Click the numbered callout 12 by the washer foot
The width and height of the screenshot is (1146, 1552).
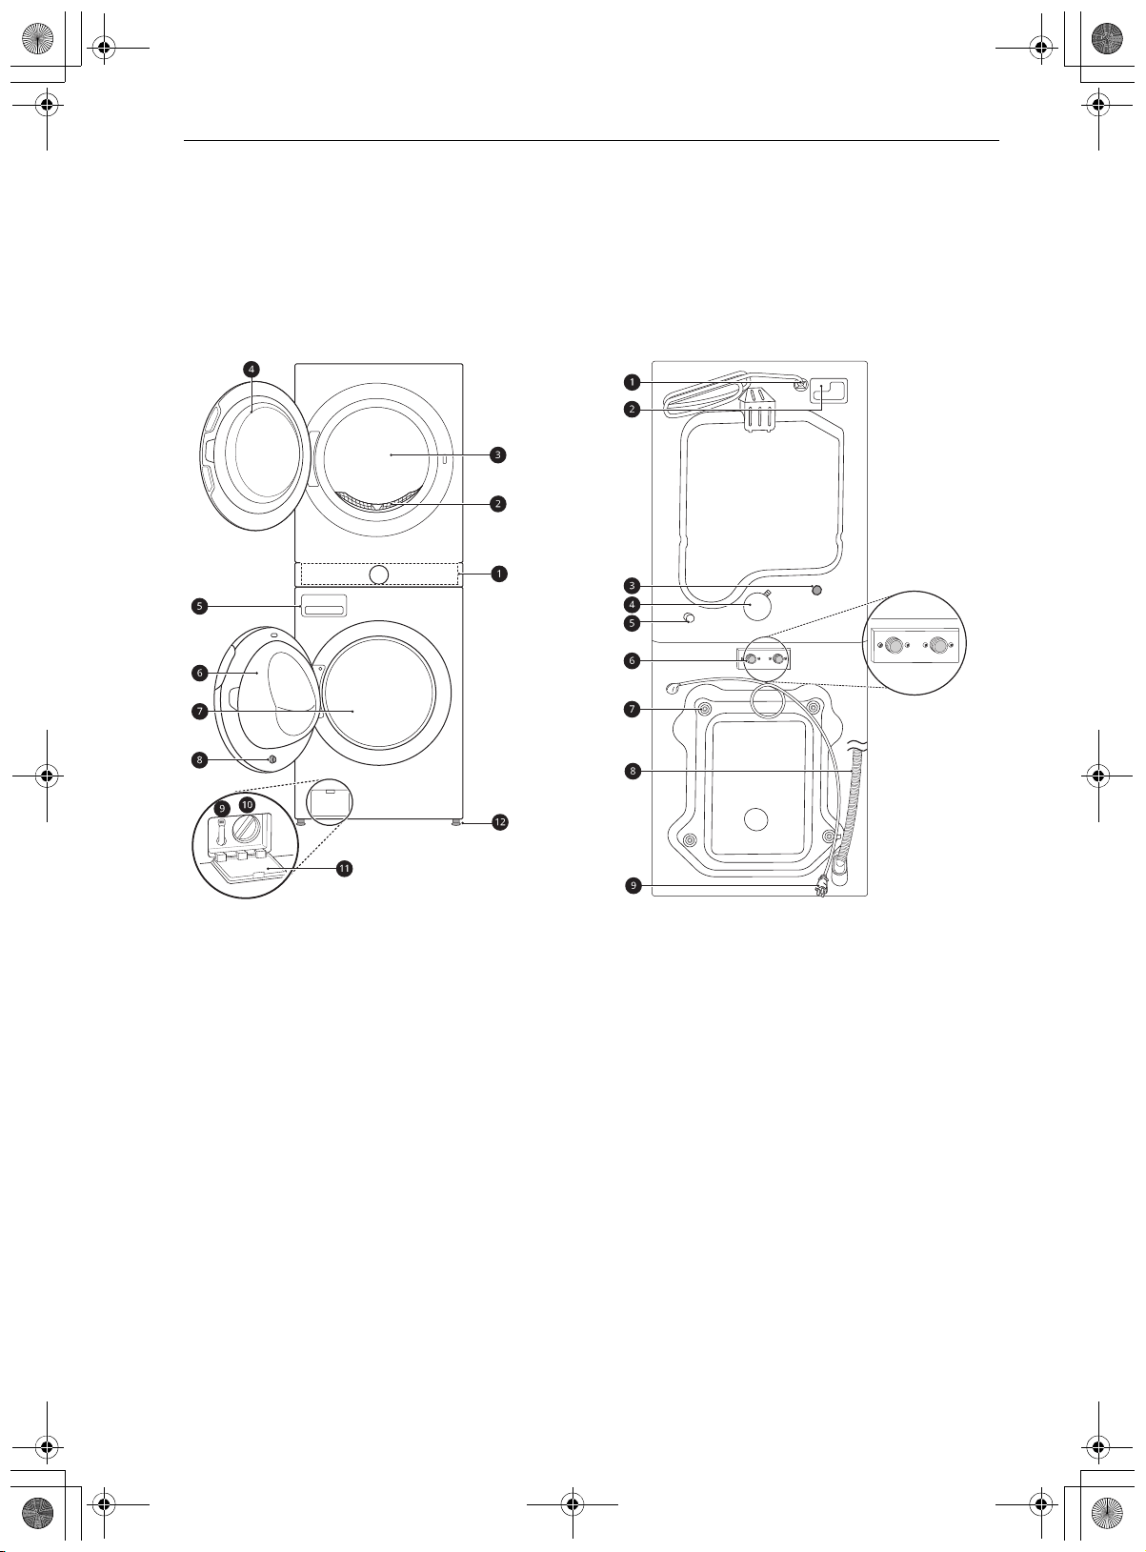coord(499,822)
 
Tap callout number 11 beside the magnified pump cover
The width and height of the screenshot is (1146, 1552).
coord(344,868)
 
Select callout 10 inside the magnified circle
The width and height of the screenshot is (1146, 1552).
coord(247,804)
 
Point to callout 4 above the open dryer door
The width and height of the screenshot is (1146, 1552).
coord(251,369)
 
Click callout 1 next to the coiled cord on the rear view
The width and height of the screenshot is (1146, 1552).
coord(632,382)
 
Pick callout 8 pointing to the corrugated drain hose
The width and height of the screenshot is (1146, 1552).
coord(633,771)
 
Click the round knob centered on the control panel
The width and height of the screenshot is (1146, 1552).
coord(378,574)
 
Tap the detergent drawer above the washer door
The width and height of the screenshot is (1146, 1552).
coord(323,605)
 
